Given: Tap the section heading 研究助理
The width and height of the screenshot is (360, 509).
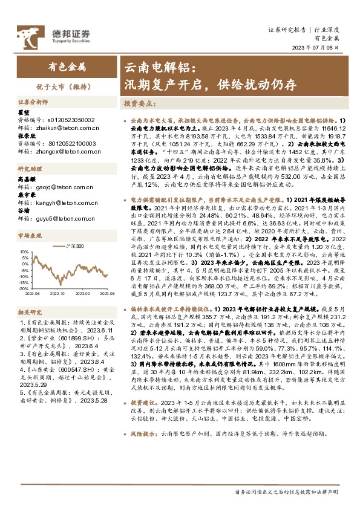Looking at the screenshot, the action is [x=29, y=169].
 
